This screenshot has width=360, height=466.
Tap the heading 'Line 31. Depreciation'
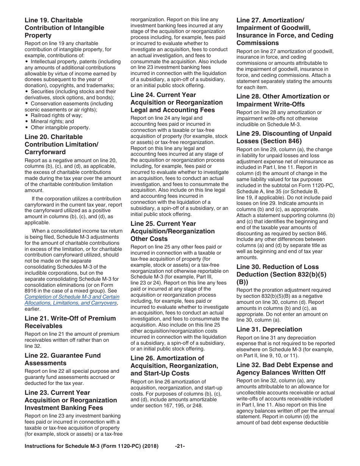[269, 329]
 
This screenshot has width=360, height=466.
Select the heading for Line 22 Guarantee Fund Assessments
[63, 359]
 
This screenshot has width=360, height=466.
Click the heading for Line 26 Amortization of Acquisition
[174, 366]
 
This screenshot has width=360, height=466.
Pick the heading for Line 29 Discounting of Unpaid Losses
[284, 137]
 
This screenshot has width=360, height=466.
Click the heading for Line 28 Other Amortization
[283, 100]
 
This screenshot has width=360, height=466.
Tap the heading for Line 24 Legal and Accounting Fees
[177, 102]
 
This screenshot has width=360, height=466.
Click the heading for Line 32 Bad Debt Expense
[284, 369]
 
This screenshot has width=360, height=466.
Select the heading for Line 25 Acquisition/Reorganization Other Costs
[172, 231]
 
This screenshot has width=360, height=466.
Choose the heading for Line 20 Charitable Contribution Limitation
[61, 144]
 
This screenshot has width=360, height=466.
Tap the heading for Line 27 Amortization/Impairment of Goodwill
[285, 31]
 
